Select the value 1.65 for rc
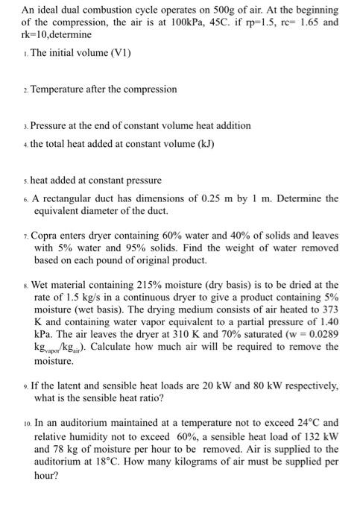[x=308, y=22]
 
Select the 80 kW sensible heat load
[x=245, y=386]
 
